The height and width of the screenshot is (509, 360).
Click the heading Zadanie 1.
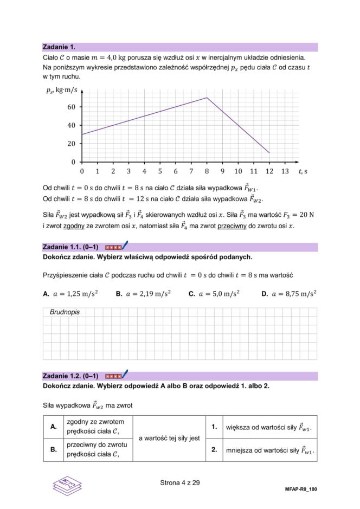pos(59,47)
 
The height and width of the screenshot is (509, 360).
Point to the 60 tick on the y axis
pos(72,107)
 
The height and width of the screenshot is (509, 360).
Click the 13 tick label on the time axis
pos(285,171)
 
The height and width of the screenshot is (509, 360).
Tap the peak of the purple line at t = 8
pos(207,98)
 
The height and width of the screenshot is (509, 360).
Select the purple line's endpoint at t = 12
pos(269,153)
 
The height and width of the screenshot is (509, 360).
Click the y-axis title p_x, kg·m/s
pos(62,90)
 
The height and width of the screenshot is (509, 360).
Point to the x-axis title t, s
pos(303,171)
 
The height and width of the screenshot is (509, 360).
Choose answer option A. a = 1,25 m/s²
pos(70,294)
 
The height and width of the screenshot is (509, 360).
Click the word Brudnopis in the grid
pos(65,313)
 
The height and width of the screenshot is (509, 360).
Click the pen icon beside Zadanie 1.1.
pos(125,246)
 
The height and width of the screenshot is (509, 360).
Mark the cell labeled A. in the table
pos(54,427)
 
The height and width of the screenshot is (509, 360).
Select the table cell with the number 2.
pos(215,450)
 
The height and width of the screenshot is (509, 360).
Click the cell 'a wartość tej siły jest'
pos(170,438)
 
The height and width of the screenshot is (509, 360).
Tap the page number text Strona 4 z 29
pos(180,482)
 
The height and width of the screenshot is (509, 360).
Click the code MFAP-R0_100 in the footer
pos(300,489)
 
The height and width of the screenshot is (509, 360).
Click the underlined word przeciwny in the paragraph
pos(229,225)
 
